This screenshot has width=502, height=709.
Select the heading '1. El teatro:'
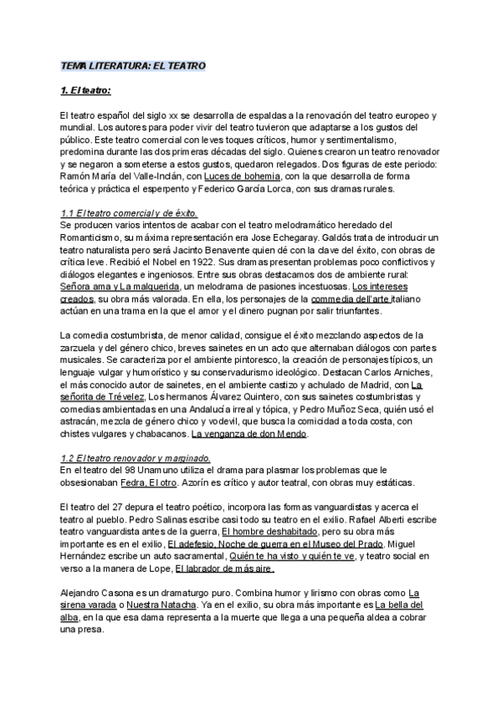point(86,90)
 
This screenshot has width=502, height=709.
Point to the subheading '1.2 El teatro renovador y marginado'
point(136,458)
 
